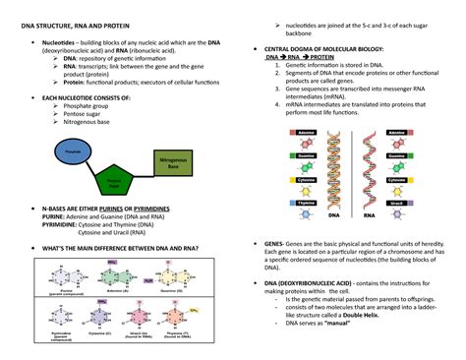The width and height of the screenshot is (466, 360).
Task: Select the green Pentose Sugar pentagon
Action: tap(114, 183)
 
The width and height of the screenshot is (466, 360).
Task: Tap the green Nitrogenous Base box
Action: tap(173, 166)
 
